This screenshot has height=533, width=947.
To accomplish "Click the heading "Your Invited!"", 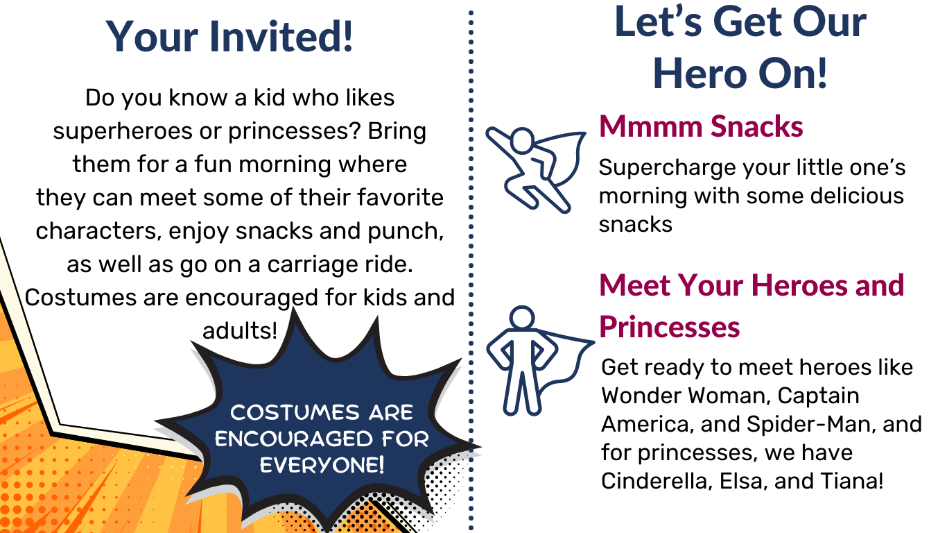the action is coord(229,37).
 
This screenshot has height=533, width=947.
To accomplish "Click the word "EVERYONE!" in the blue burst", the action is coord(322,465).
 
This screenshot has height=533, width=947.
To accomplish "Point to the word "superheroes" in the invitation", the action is coord(123,130).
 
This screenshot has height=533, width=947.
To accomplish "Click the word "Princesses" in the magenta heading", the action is coord(669,327).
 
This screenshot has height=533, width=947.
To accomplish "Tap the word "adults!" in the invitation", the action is coord(240,330).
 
